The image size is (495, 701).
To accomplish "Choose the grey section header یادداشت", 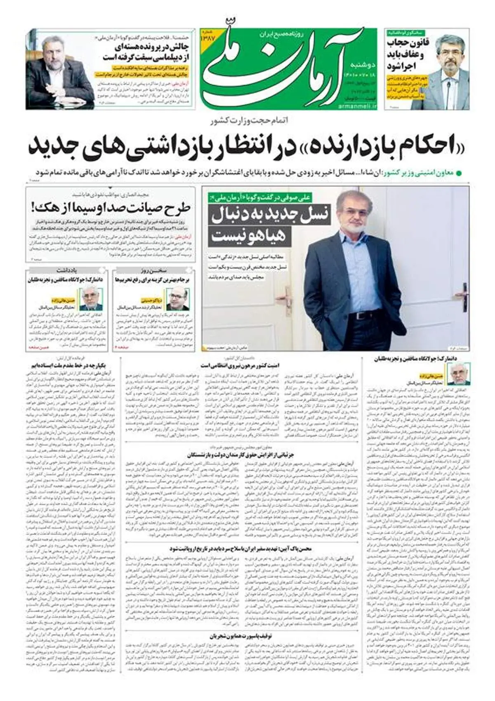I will coord(67,270).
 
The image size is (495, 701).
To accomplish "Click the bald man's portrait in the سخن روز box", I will coord(177,299).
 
